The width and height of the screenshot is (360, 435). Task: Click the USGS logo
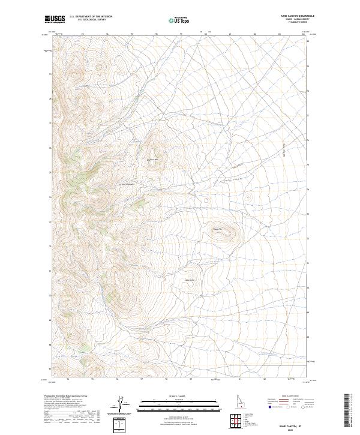[x=55, y=19]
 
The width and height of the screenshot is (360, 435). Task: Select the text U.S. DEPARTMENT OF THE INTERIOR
[x=91, y=17]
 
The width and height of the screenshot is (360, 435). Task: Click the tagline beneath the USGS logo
[x=55, y=23]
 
